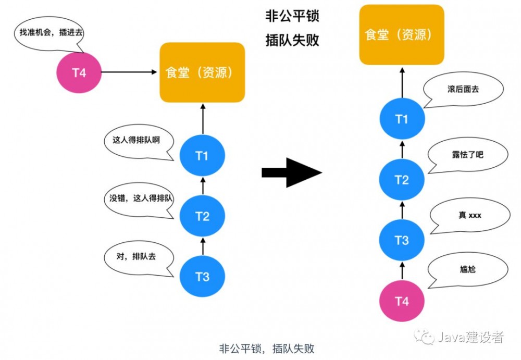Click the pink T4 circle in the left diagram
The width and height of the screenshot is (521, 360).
click(79, 72)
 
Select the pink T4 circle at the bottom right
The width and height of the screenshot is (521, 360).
click(402, 301)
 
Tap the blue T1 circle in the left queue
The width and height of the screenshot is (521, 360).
click(202, 155)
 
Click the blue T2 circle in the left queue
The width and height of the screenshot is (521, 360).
click(202, 216)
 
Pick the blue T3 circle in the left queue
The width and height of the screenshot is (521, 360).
click(202, 276)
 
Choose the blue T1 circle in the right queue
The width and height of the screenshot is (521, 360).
click(402, 119)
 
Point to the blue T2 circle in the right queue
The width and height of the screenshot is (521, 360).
click(402, 180)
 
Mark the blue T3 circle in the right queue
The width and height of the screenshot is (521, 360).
click(402, 240)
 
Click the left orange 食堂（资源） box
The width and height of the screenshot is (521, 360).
click(202, 72)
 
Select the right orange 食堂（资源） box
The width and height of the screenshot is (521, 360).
click(402, 35)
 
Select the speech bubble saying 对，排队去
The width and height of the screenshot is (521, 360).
click(138, 257)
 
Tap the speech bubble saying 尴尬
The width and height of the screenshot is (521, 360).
click(467, 269)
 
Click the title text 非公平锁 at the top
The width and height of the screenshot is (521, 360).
click(292, 16)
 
